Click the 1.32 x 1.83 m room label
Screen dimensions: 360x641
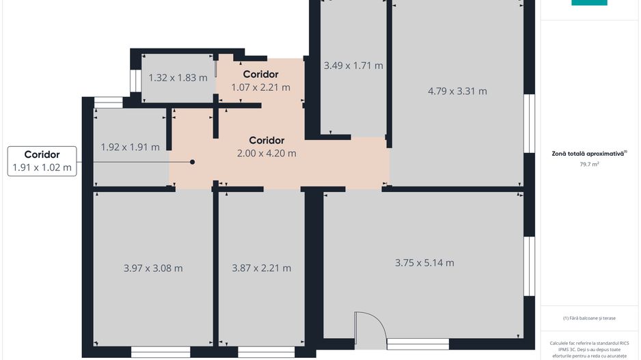point(178,78)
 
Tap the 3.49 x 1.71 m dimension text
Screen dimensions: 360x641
point(353,66)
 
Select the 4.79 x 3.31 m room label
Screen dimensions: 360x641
point(457,91)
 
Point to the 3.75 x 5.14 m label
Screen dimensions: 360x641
point(424,262)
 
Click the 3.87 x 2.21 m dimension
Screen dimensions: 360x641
point(262,268)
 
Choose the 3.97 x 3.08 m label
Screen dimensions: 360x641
point(153,268)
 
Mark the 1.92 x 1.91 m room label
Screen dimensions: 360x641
point(130,147)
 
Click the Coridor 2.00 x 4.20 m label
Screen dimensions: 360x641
point(267,147)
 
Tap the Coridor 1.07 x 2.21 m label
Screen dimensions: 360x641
point(260,81)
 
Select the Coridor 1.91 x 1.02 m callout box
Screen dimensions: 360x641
point(42,161)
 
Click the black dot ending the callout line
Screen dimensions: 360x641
point(193,162)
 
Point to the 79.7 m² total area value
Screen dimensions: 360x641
point(589,165)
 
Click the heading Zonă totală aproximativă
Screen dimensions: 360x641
point(589,154)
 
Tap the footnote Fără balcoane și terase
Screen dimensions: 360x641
point(589,318)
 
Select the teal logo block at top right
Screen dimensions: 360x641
point(589,3)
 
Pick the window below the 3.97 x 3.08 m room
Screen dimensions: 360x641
point(160,352)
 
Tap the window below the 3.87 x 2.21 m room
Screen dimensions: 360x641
point(267,352)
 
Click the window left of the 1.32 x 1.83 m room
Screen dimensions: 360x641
point(134,81)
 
